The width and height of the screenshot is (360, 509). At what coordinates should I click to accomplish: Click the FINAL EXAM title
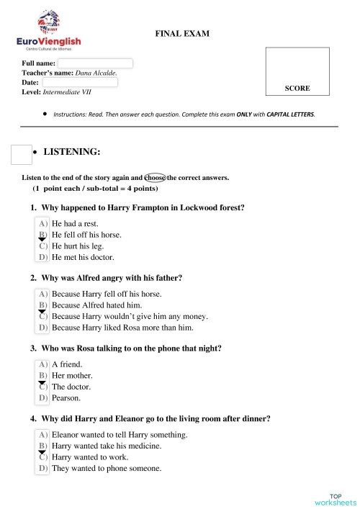(182, 33)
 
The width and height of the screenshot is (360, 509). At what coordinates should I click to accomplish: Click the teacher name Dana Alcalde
(96, 73)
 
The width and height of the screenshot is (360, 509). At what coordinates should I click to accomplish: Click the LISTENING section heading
(72, 152)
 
